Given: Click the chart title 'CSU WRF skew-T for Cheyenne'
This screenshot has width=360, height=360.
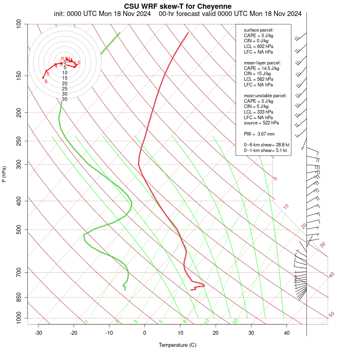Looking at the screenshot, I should point(178,6).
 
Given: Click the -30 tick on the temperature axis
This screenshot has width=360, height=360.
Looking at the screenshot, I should point(38,333).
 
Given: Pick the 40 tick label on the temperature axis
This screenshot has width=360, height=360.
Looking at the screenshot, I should point(287,333).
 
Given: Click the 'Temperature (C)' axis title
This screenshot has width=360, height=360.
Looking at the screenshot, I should point(178,345).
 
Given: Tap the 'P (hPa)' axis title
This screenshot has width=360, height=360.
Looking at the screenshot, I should point(4,174).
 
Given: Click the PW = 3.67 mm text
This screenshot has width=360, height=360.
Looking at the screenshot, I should point(259,134).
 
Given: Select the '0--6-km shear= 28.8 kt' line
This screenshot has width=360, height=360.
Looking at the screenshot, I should point(266,144).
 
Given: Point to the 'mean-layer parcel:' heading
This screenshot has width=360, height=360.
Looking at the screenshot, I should point(262,63).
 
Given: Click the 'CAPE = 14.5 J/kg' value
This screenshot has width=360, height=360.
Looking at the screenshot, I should point(262,68).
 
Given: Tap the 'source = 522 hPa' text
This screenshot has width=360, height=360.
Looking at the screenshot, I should point(261,123).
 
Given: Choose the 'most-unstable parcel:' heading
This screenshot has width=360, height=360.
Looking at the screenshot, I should point(265,96).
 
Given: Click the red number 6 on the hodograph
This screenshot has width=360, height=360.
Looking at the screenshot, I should point(46,82).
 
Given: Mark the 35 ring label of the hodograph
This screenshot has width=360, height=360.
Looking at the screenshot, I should point(64,99).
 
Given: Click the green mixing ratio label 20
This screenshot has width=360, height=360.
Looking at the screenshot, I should point(235,321).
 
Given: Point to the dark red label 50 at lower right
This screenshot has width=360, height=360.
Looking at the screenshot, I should point(331,315).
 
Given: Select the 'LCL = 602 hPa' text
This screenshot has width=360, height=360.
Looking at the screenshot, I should point(258,46).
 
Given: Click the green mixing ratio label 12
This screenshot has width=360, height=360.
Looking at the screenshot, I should point(207,321).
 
